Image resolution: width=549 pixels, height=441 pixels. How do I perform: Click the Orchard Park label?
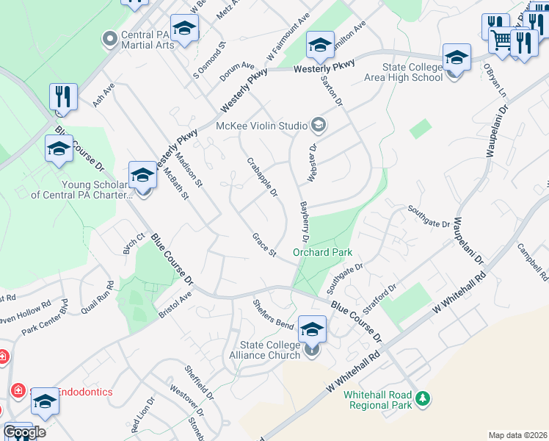(323, 252)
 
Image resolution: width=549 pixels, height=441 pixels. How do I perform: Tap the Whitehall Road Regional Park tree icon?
(422, 399)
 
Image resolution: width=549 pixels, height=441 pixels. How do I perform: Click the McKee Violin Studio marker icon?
(317, 125)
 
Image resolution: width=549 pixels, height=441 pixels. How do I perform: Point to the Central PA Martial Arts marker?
(110, 37)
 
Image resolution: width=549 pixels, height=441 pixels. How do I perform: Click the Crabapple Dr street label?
(262, 178)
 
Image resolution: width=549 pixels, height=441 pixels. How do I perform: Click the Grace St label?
(263, 245)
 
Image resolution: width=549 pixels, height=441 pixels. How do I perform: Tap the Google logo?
(25, 431)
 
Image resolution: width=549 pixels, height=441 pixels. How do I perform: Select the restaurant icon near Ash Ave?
(63, 96)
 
